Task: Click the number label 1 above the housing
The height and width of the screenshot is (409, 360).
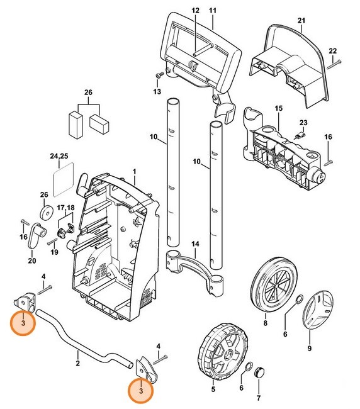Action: [x=133, y=171]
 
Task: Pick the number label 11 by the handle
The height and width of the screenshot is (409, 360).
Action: [x=212, y=11]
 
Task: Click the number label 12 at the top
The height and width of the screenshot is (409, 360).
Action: [x=195, y=11]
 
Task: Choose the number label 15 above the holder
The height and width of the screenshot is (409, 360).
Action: [x=279, y=109]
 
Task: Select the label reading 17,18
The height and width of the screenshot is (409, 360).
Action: [x=65, y=208]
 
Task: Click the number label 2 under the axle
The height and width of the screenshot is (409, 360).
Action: [x=77, y=363]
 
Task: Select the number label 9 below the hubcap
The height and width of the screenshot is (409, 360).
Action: [x=309, y=348]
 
